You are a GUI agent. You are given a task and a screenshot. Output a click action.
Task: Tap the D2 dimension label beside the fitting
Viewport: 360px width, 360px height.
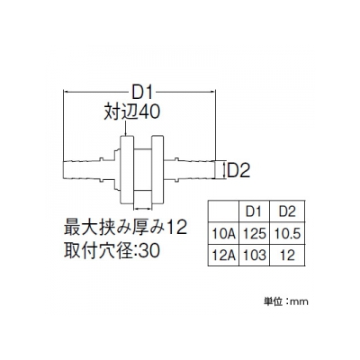tap(238, 170)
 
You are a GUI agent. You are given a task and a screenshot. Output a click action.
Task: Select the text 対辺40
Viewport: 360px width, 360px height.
tap(131, 112)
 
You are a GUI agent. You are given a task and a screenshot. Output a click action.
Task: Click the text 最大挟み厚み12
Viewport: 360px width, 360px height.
tap(125, 228)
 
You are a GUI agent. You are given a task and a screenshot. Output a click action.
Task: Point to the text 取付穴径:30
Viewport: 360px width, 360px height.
tap(112, 250)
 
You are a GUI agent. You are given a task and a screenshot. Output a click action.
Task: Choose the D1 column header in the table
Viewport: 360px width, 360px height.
tap(254, 211)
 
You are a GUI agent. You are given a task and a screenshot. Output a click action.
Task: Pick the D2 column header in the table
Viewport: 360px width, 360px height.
tap(287, 211)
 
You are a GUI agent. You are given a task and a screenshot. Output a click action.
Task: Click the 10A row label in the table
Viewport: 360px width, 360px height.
tap(223, 233)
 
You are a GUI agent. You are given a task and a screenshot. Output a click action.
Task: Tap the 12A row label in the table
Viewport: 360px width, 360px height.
tap(223, 256)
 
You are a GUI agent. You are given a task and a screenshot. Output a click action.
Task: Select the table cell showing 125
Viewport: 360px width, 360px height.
tap(254, 233)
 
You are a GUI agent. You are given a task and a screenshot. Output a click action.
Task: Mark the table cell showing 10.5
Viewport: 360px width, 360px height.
tap(287, 233)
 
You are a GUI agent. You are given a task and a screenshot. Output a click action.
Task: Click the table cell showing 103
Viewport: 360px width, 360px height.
tap(254, 256)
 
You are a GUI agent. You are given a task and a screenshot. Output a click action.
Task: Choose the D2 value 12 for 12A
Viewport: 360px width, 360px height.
tap(287, 256)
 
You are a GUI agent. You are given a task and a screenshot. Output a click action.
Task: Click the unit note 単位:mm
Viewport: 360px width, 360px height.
tap(286, 301)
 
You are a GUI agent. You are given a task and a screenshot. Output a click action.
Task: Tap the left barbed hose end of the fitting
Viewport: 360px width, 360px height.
tap(83, 170)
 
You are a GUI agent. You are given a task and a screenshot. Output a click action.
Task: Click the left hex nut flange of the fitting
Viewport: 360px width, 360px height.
tap(127, 170)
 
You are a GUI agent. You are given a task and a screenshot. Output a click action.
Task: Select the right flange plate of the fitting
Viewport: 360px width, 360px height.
tap(157, 170)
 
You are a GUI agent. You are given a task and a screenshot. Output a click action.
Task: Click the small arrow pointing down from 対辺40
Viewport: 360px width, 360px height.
tap(126, 128)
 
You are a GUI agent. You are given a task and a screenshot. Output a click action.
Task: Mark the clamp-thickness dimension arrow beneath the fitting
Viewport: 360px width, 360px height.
tap(142, 208)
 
